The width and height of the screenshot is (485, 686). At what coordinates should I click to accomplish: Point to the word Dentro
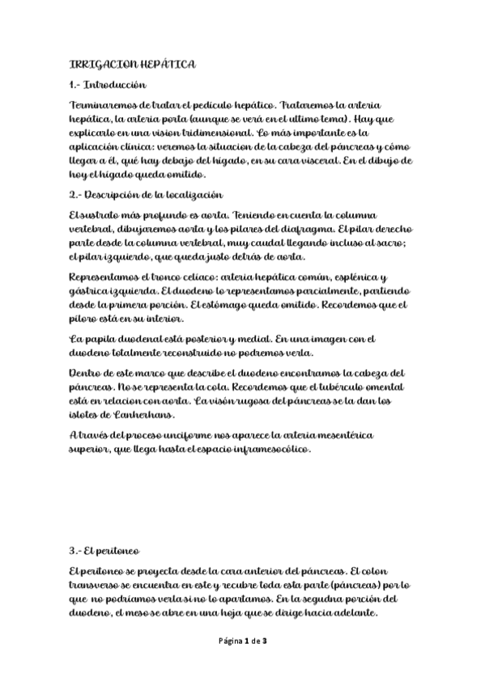pyautogui.click(x=85, y=372)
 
